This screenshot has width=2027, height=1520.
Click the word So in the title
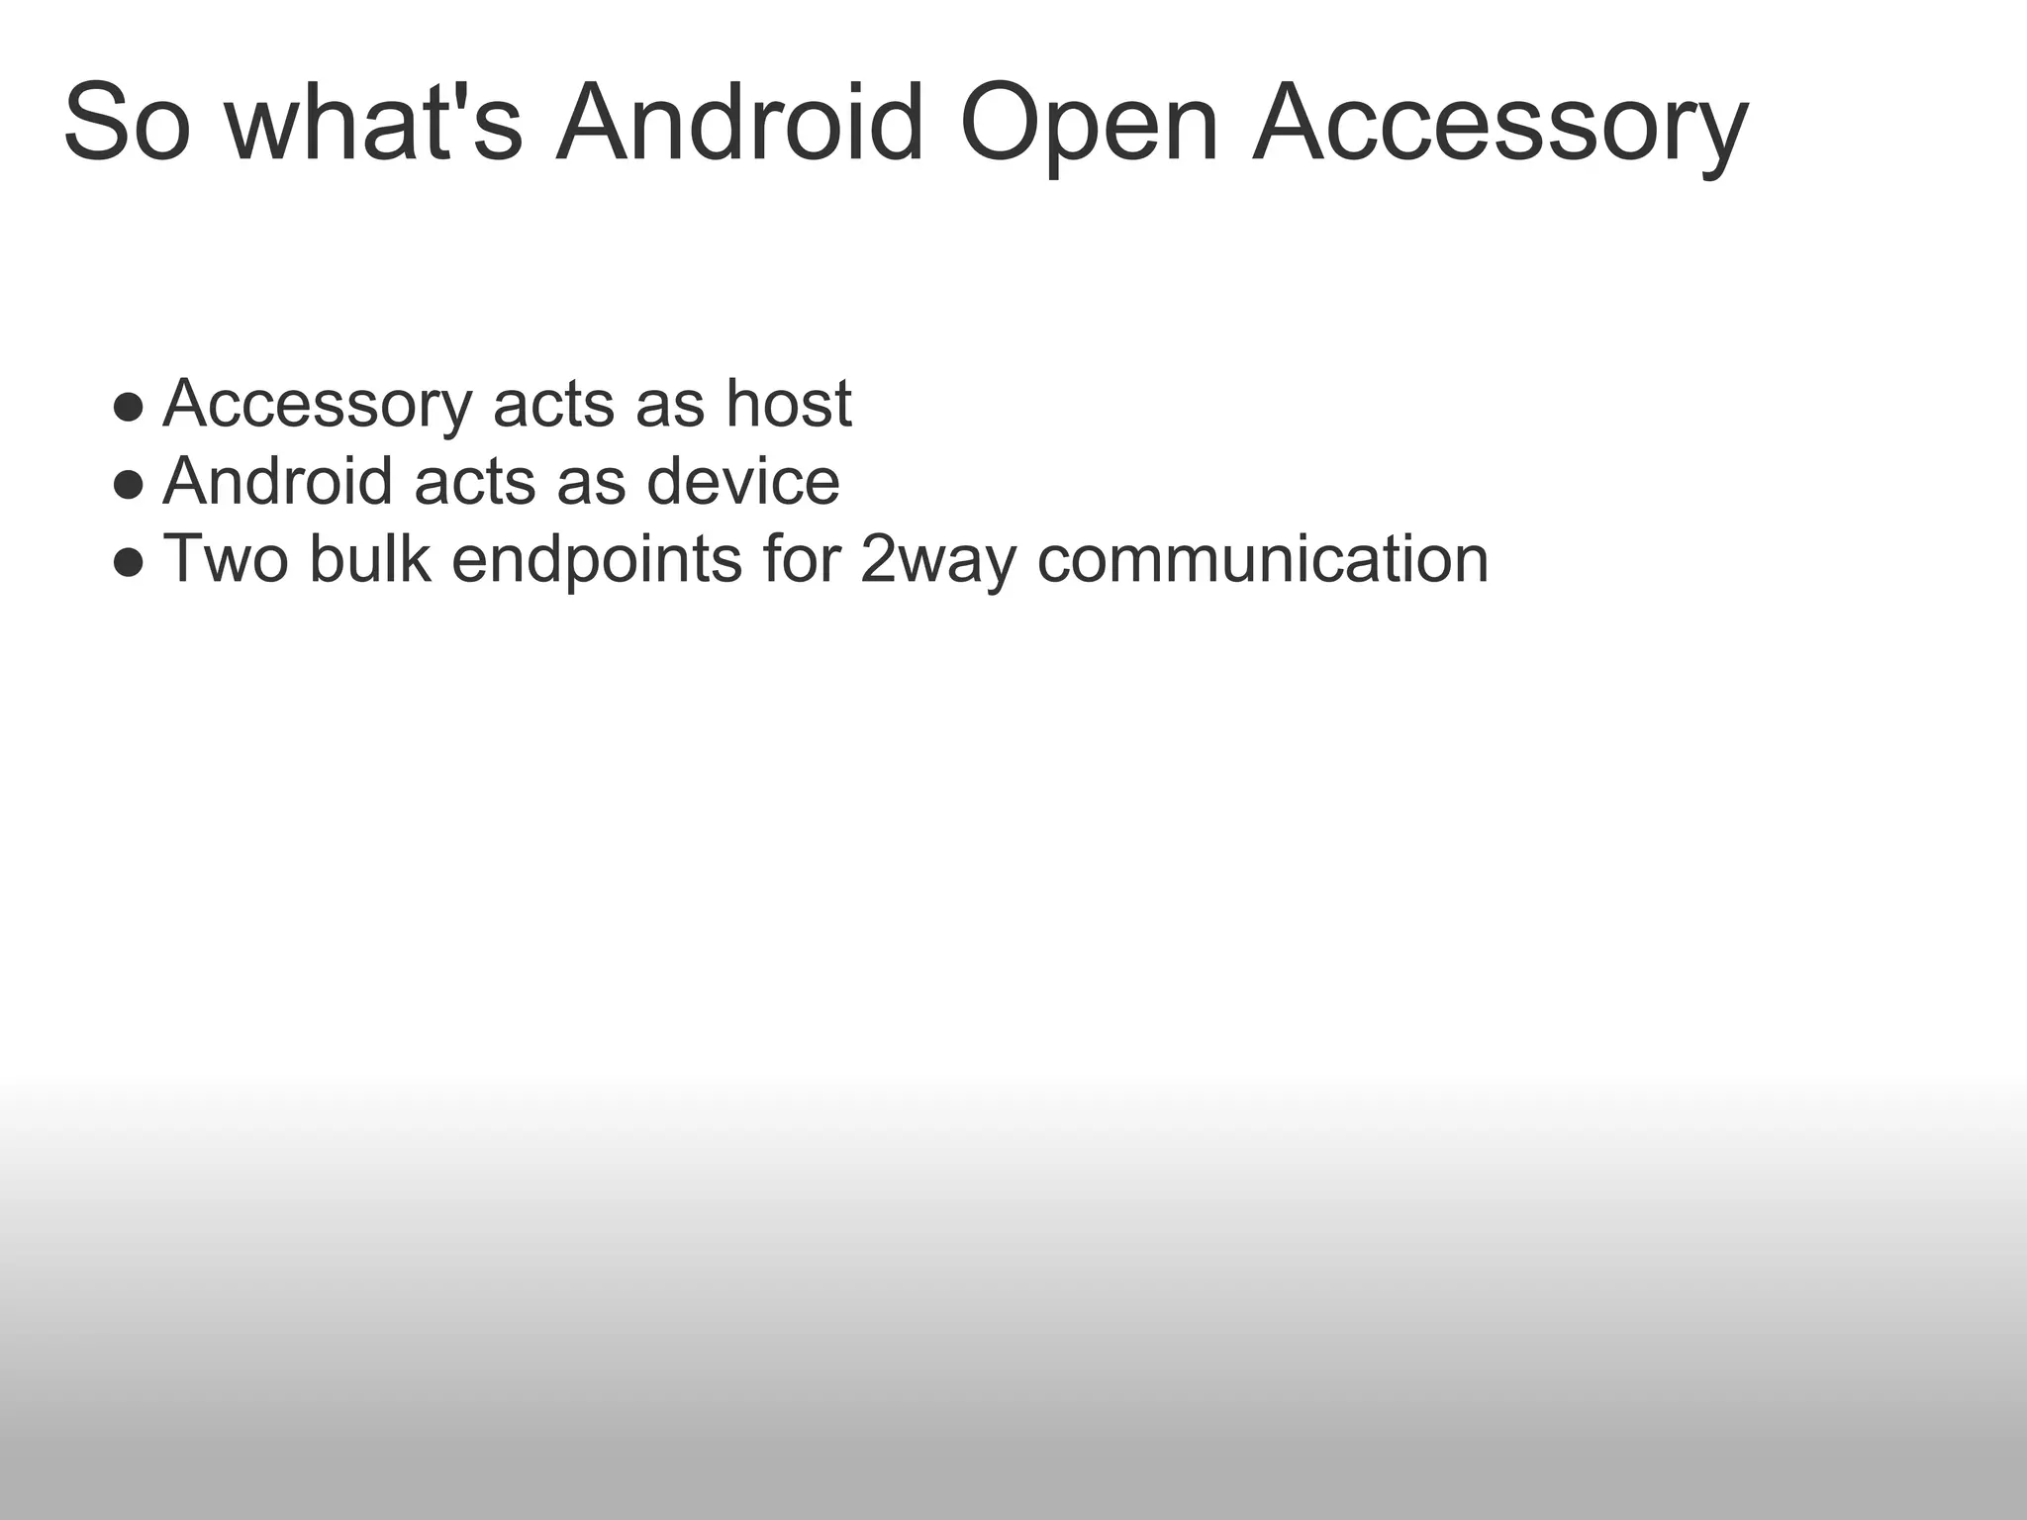coord(126,124)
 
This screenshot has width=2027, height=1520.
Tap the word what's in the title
coord(373,124)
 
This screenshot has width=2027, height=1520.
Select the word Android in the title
coord(740,124)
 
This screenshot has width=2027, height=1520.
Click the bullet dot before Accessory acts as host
coord(129,406)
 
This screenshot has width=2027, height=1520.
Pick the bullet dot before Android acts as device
coord(129,484)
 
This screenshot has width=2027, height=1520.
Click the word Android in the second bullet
coord(278,482)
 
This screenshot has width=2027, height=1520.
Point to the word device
coord(742,482)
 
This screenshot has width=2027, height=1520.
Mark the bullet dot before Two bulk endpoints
coord(129,562)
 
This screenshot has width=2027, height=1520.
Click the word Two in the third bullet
coord(226,559)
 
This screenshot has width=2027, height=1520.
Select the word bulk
coord(370,559)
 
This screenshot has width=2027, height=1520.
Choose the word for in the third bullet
coord(802,559)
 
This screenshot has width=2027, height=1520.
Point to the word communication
coord(1263,559)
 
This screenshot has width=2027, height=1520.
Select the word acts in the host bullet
coord(553,405)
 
